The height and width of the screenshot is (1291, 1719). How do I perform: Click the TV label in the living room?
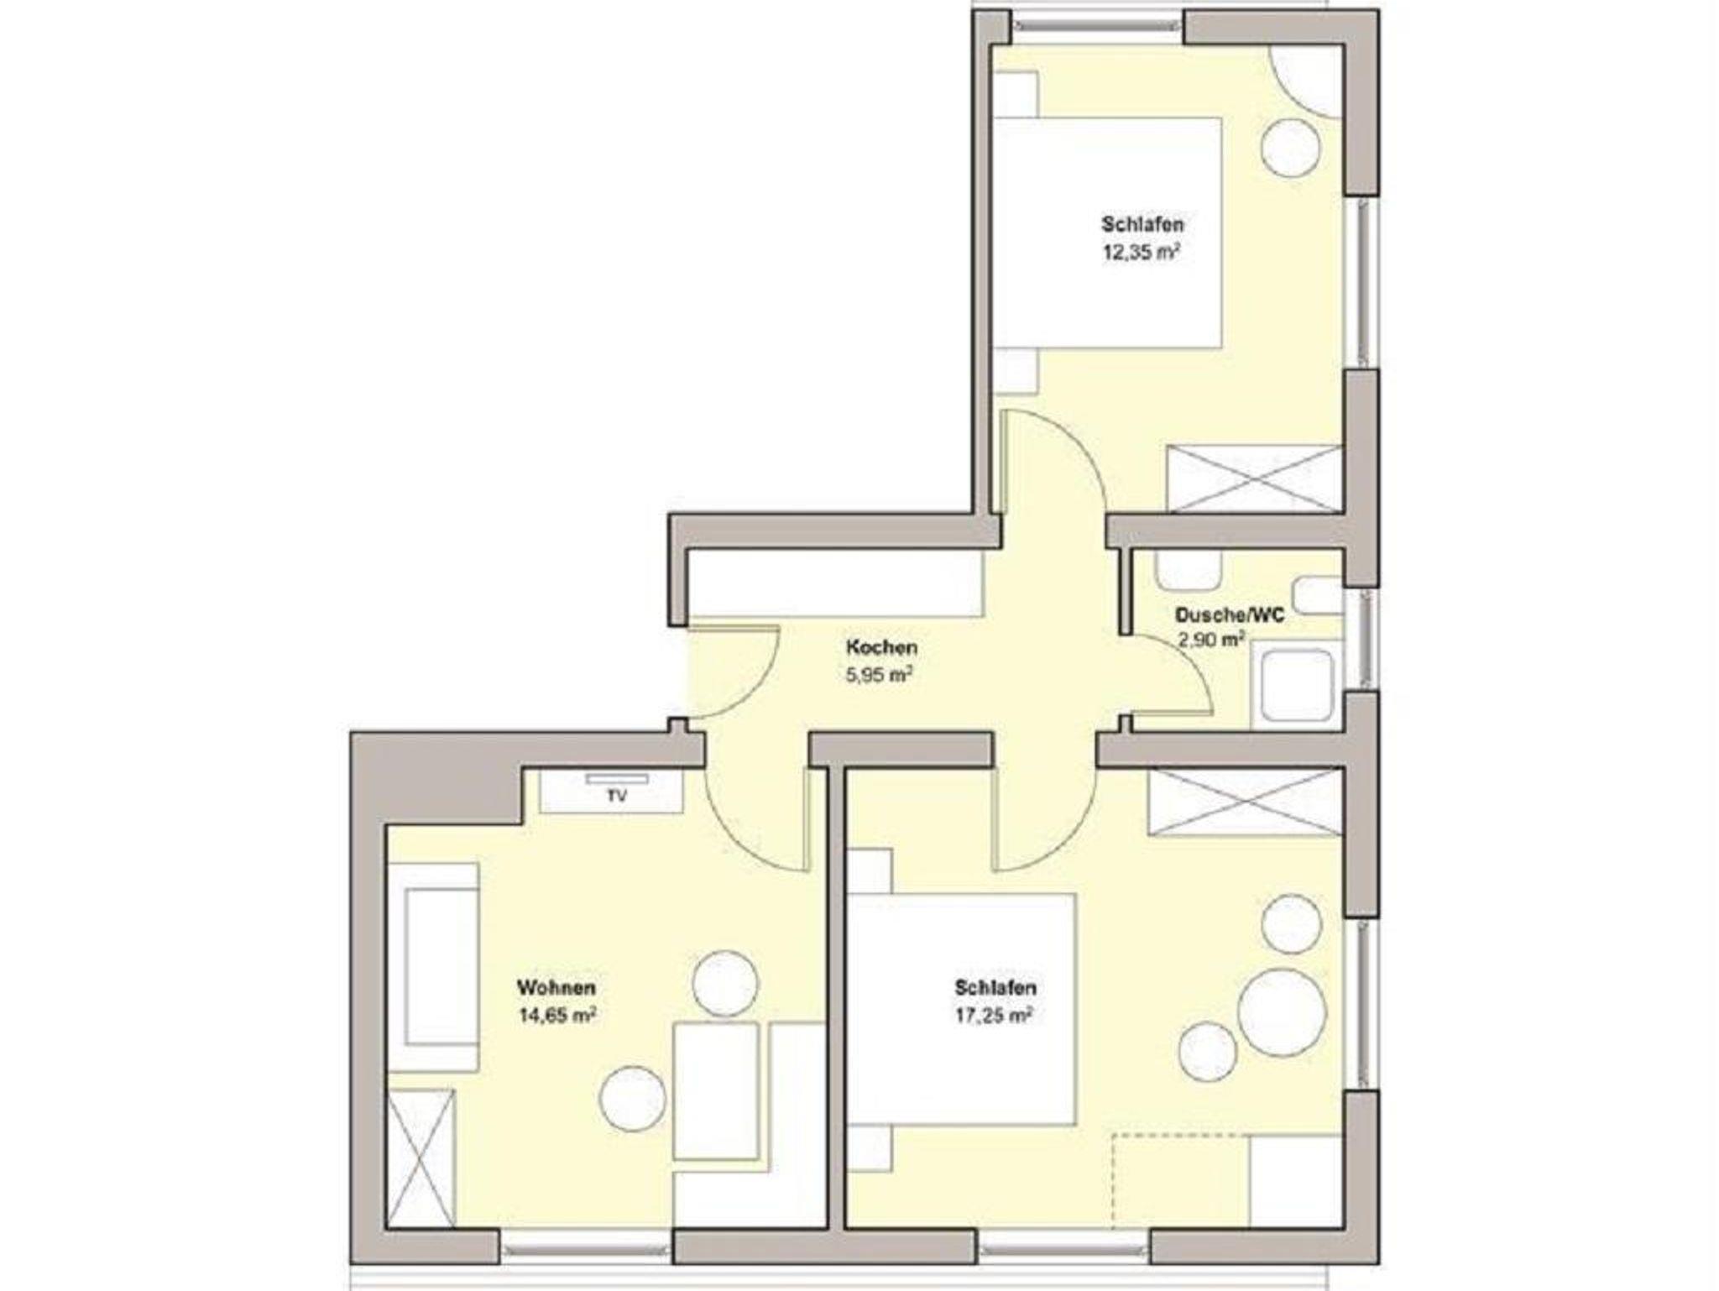click(x=617, y=797)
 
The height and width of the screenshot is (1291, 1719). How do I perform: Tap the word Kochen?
click(x=881, y=648)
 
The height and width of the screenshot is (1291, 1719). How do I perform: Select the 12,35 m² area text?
click(x=1142, y=252)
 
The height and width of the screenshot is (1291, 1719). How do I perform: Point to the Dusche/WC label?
click(x=1230, y=615)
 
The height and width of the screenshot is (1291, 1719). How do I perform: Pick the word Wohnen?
click(x=556, y=987)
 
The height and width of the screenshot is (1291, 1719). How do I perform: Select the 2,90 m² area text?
click(x=1211, y=641)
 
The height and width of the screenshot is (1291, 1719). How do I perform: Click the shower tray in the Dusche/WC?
click(x=1297, y=685)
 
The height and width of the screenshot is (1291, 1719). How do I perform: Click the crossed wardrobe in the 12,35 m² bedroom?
click(x=1255, y=478)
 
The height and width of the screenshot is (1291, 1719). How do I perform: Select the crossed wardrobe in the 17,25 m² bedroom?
click(x=1246, y=802)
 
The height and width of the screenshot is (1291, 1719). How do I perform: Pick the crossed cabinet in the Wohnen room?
click(x=421, y=1158)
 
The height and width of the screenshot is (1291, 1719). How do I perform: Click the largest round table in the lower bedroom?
click(x=1282, y=1012)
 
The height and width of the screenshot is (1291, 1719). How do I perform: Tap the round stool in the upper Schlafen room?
click(x=1291, y=148)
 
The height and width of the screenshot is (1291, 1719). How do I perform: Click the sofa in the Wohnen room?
click(x=433, y=967)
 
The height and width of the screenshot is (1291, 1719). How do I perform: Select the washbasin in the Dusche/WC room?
click(x=1189, y=571)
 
